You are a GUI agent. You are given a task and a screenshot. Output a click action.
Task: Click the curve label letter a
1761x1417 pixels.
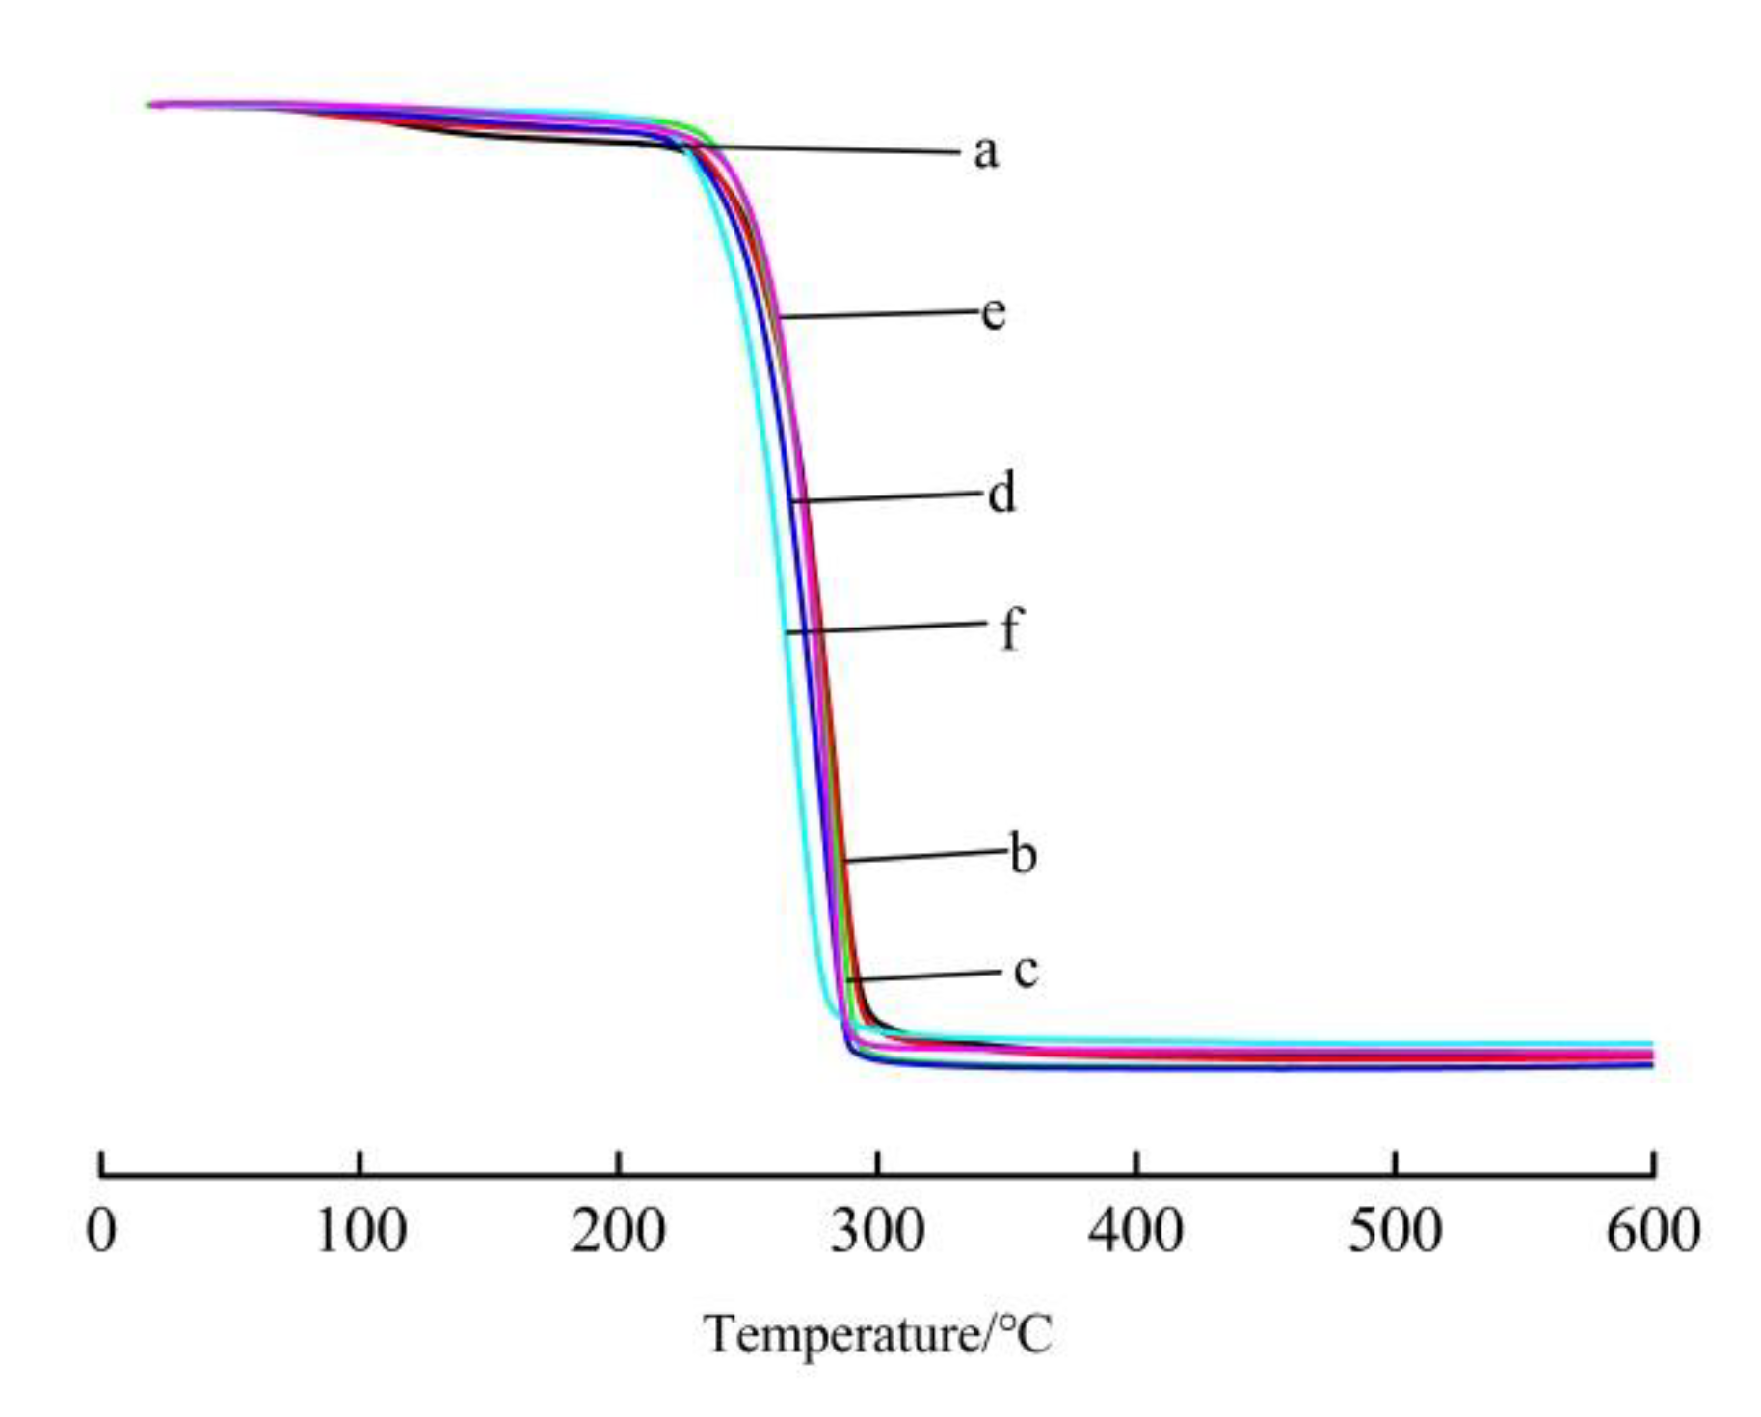985,152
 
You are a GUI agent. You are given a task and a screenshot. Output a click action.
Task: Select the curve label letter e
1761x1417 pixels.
994,312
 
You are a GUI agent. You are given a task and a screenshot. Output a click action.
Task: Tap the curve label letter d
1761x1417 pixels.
1001,494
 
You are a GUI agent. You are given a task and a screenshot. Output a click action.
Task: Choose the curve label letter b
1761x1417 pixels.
1023,854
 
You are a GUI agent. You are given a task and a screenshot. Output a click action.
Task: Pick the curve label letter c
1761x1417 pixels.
1026,971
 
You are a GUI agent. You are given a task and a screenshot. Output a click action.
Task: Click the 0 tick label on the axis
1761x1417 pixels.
101,1231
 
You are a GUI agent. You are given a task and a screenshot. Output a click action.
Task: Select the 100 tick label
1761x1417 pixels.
360,1231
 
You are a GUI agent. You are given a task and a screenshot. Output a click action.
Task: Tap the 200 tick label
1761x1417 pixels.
618,1231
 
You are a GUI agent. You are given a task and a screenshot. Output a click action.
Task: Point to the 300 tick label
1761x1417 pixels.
877,1231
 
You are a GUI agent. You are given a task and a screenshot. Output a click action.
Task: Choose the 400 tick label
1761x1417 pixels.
1135,1231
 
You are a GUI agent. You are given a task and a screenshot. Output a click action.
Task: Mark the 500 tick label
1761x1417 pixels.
1395,1231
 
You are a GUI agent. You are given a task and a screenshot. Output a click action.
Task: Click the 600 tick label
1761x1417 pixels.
1652,1231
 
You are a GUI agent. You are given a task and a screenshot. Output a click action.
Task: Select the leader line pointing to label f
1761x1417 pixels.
887,628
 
